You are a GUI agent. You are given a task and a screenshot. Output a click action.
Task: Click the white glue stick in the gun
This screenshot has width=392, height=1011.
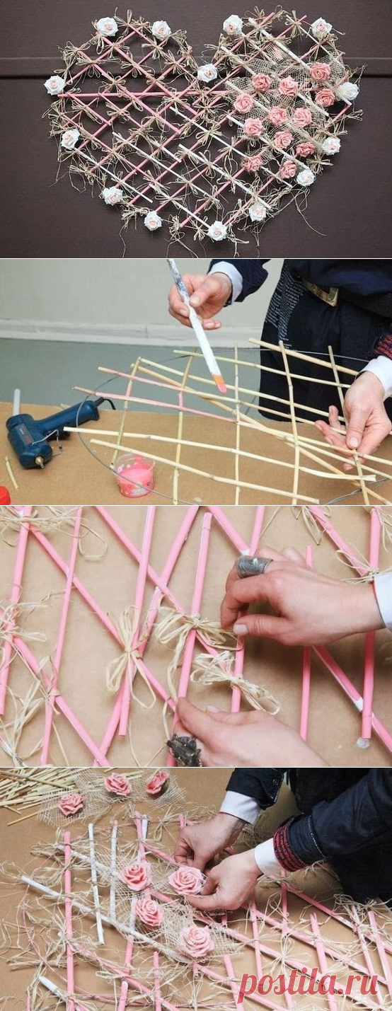tap(17, 402)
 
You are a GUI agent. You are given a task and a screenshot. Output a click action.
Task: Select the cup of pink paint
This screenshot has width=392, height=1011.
tap(134, 475)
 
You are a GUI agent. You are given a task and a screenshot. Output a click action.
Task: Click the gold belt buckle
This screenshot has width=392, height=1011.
tap(321, 291)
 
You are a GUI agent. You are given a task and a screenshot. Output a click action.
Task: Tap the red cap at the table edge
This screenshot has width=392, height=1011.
tap(4, 495)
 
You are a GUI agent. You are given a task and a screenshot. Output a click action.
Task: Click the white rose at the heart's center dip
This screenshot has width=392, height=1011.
tap(207, 73)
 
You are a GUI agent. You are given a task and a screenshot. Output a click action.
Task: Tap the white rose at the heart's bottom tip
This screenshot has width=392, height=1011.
tap(217, 231)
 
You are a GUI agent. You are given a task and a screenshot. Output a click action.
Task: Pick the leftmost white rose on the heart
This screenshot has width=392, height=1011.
tap(54, 85)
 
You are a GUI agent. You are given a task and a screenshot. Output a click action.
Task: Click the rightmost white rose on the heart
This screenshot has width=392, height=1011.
tap(348, 91)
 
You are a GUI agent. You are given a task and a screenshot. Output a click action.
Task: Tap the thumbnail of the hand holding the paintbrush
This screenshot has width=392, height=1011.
tap(195, 300)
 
